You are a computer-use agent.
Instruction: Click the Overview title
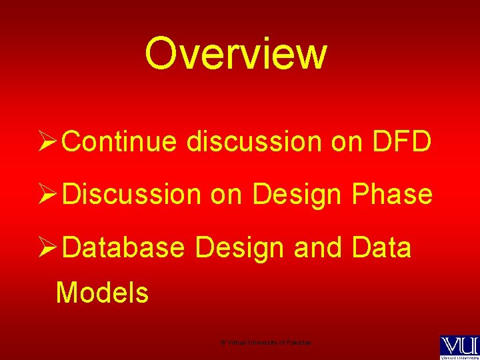pyautogui.click(x=236, y=54)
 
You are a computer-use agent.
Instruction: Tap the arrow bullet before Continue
pyautogui.click(x=51, y=141)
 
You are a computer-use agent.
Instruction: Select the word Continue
pyautogui.click(x=122, y=141)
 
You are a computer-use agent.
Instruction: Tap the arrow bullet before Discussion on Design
pyautogui.click(x=51, y=195)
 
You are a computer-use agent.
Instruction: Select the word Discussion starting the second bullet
pyautogui.click(x=134, y=195)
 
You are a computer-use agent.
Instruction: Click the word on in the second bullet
pyautogui.click(x=227, y=195)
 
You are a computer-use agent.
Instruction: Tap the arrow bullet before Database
pyautogui.click(x=51, y=248)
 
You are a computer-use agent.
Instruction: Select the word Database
pyautogui.click(x=127, y=248)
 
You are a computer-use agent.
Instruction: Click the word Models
pyautogui.click(x=103, y=293)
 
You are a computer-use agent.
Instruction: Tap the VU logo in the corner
pyautogui.click(x=458, y=346)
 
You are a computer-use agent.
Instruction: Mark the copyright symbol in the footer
pyautogui.click(x=222, y=343)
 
